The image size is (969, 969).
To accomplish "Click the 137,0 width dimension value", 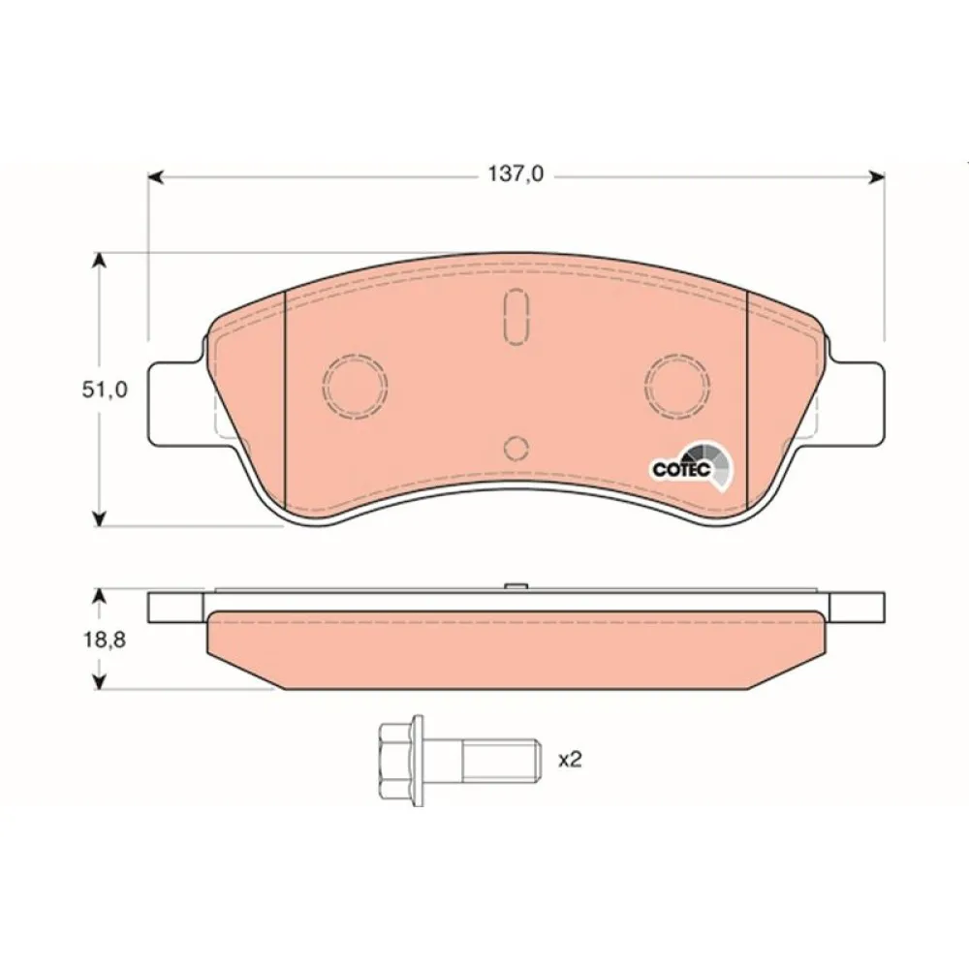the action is pos(516,174).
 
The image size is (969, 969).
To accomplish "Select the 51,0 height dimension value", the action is pos(105,390).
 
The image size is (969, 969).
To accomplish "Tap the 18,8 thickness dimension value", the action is pos(105,640).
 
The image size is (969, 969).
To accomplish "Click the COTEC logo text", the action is pos(682,470).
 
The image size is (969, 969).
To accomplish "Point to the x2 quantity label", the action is pos(570,760).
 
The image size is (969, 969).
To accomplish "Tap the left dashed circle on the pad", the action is pos(355,387).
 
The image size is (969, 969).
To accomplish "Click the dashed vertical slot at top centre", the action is pos(516,317).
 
